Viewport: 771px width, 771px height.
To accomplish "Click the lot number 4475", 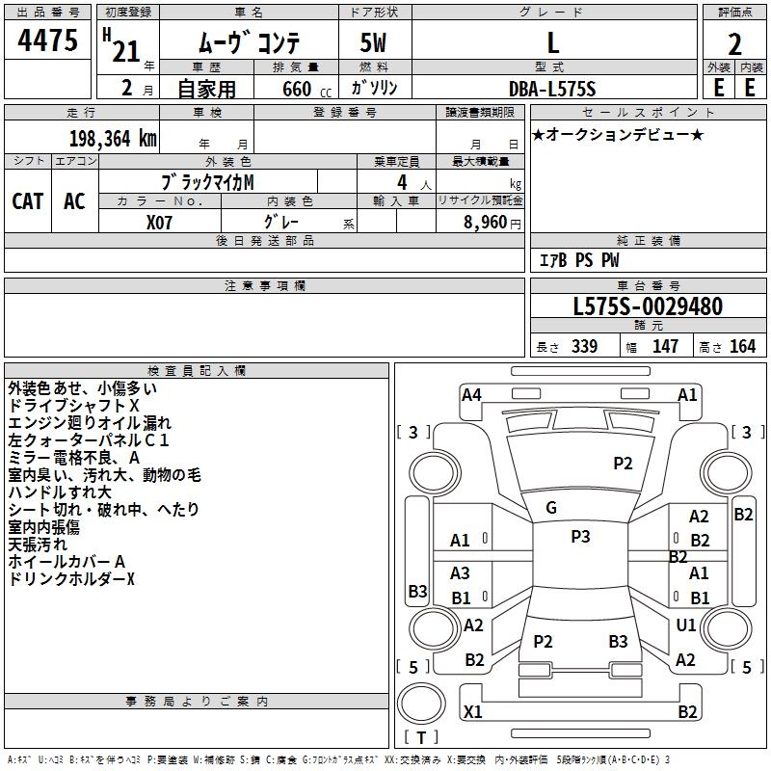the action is click(47, 40).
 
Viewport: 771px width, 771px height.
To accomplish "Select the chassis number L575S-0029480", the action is click(648, 306).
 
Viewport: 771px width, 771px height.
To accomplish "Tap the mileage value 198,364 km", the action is click(113, 139).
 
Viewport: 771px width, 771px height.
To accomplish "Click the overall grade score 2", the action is click(734, 44).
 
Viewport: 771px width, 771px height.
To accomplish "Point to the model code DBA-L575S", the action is click(552, 89).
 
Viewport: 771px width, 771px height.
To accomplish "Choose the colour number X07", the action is click(159, 223).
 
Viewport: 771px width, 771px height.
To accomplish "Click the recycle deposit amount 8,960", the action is click(486, 223).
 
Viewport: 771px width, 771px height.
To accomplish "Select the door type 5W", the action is click(373, 42).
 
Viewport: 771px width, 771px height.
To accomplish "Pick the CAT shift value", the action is click(28, 201).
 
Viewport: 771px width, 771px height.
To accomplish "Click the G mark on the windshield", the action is click(551, 508).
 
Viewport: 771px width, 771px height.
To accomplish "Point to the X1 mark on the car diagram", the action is click(472, 711).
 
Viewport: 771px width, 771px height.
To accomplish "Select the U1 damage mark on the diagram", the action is click(686, 625).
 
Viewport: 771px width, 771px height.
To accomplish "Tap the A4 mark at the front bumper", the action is click(471, 395).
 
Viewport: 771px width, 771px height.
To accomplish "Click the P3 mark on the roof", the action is click(580, 537).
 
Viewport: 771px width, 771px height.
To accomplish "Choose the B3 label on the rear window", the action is click(618, 641).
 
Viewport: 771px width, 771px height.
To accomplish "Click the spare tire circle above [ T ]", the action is click(421, 704).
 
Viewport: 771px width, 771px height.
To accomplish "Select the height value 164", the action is click(742, 347).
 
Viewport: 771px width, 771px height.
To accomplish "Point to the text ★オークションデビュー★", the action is click(618, 135).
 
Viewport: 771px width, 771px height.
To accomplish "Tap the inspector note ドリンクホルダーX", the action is click(71, 579).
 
